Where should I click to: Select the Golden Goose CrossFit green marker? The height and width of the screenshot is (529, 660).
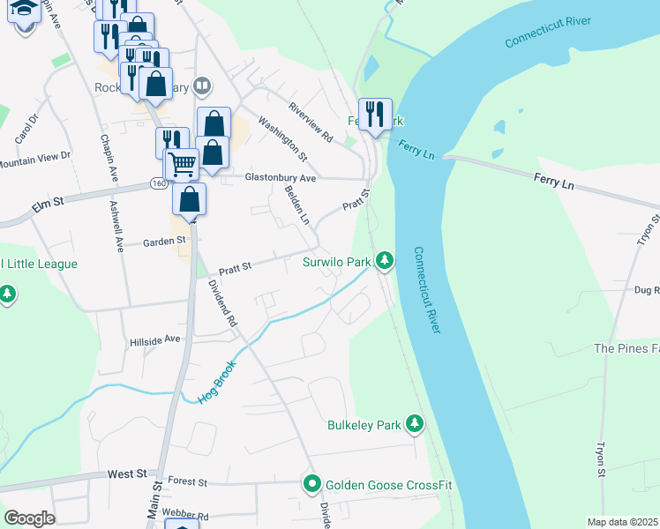311,484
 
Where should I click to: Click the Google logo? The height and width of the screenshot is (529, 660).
29,518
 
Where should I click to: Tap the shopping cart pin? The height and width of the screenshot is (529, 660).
182,164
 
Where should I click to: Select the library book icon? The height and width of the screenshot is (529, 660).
203,86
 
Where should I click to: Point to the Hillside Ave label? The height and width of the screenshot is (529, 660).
154,339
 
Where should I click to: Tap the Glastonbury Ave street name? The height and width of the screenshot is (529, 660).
280,177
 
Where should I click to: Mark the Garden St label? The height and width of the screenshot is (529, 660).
165,240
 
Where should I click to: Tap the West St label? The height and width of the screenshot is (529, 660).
127,473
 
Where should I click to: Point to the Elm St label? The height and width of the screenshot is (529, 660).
48,202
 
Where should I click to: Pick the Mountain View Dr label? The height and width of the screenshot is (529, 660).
35,159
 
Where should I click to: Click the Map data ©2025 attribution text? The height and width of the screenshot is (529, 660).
623,522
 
